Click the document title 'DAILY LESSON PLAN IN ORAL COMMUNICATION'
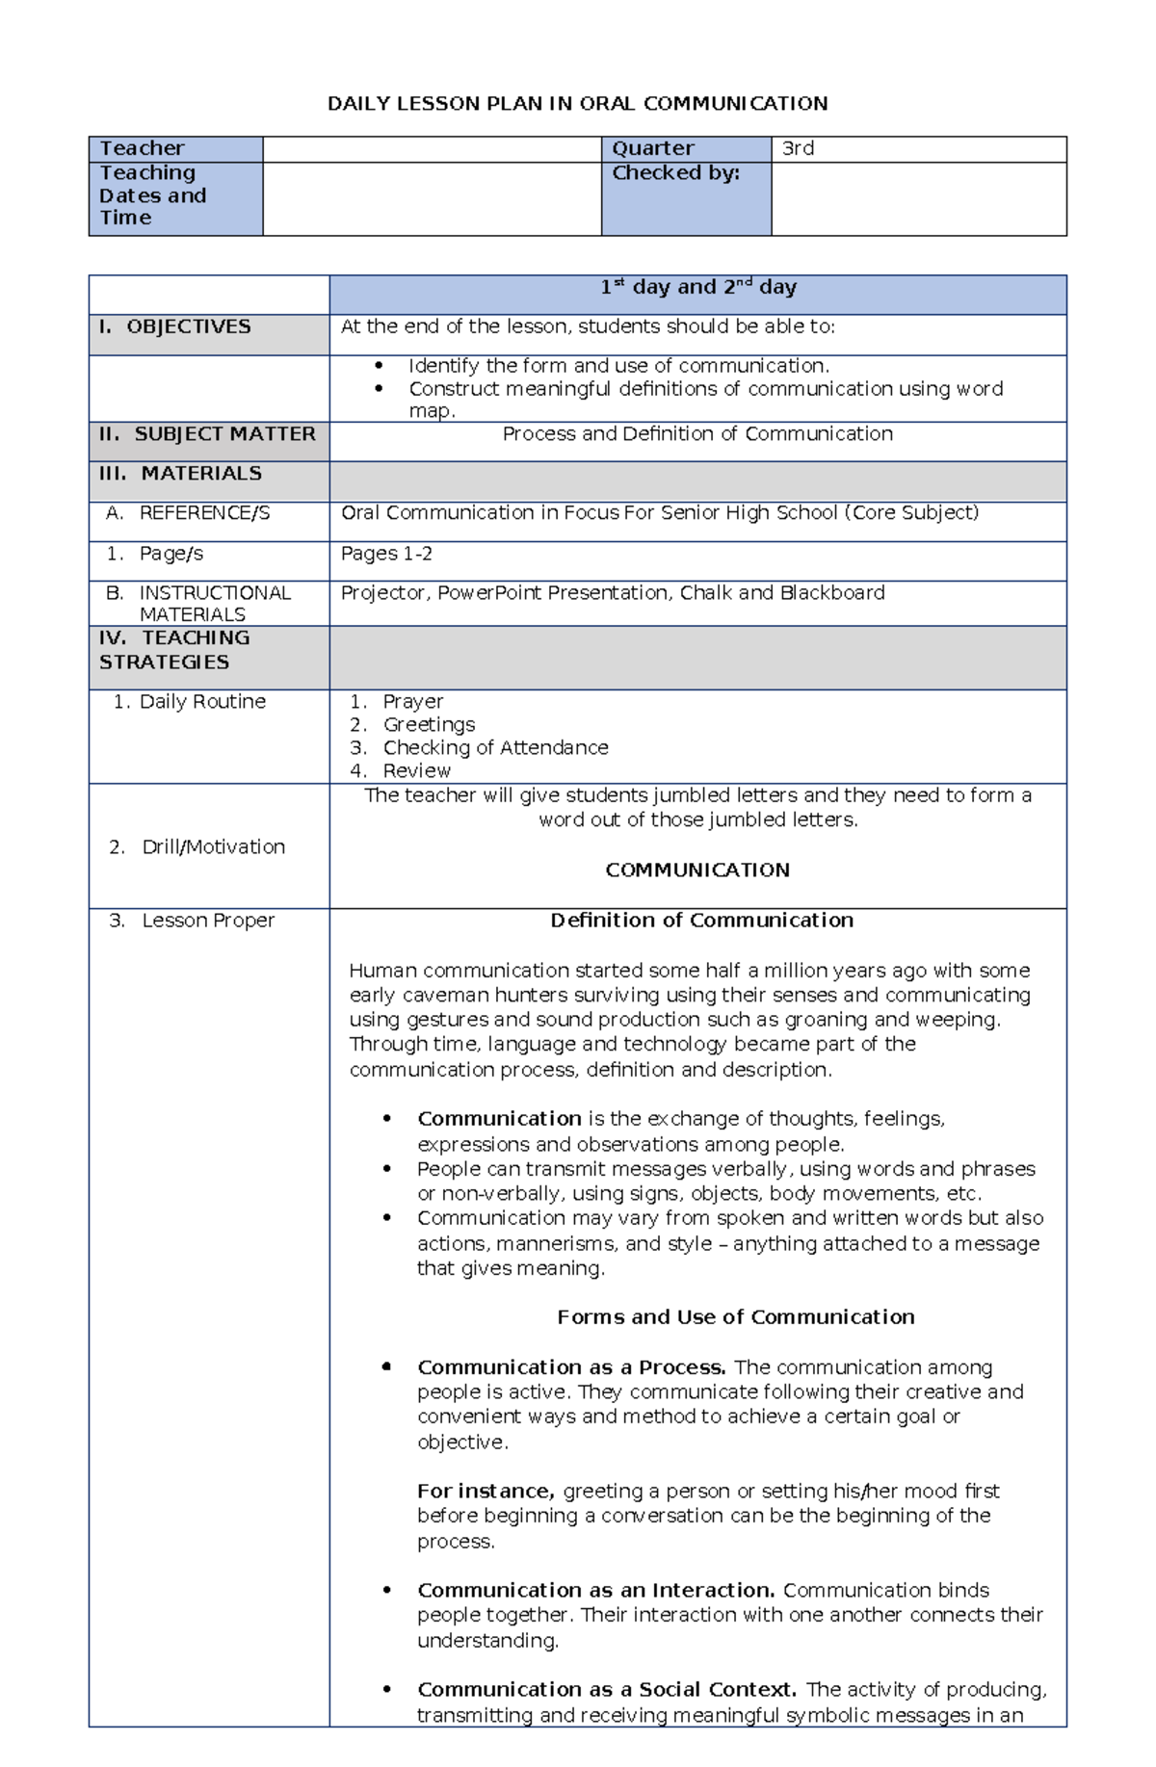[x=577, y=104]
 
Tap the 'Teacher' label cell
[x=142, y=148]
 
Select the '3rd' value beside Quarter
[x=798, y=148]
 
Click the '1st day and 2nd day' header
[x=697, y=287]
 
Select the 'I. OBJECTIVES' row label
[x=174, y=326]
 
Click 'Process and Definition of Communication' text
[x=697, y=434]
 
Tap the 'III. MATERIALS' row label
[x=180, y=474]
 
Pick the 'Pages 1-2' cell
[x=386, y=554]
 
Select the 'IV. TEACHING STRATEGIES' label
[x=173, y=650]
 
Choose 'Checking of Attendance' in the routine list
[x=495, y=748]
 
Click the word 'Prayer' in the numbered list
[x=412, y=702]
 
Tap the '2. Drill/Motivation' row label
[x=197, y=847]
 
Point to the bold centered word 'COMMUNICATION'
[x=697, y=871]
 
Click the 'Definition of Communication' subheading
[x=701, y=921]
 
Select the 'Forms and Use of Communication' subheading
[x=736, y=1317]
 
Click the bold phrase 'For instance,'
[x=486, y=1492]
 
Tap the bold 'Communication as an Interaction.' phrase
[x=595, y=1591]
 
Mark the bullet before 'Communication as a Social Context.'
[x=386, y=1690]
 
